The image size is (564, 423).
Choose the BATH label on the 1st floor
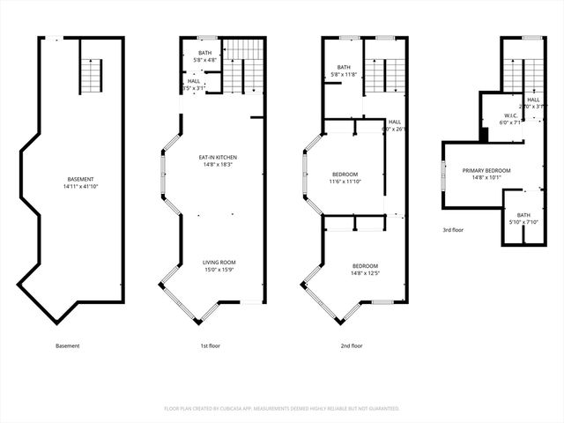click(x=204, y=53)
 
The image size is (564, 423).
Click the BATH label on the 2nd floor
click(x=344, y=67)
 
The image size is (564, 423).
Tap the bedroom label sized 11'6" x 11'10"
click(x=345, y=174)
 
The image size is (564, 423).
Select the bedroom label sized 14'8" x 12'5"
click(x=365, y=266)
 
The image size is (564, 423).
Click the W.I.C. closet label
click(x=510, y=115)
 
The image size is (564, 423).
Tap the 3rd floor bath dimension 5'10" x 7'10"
click(x=523, y=222)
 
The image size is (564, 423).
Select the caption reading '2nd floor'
click(x=352, y=346)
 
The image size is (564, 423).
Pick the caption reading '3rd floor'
click(x=454, y=230)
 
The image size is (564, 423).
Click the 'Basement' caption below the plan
click(x=67, y=346)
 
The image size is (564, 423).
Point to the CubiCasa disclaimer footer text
click(x=282, y=409)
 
